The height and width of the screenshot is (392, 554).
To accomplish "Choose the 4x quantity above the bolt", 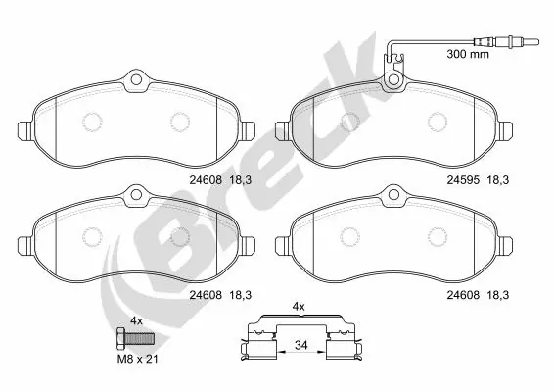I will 137,320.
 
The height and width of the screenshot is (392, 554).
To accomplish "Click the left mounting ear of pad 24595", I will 283,127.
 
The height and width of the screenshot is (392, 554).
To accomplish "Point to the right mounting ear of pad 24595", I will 507,127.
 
